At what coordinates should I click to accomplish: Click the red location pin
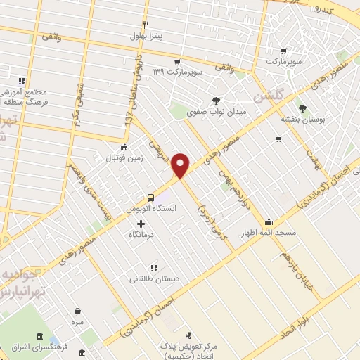click(x=181, y=165)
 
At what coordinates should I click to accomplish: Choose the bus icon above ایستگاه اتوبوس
click(x=150, y=198)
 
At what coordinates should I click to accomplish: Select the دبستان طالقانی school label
click(x=153, y=278)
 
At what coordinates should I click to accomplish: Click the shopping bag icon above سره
click(x=77, y=310)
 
